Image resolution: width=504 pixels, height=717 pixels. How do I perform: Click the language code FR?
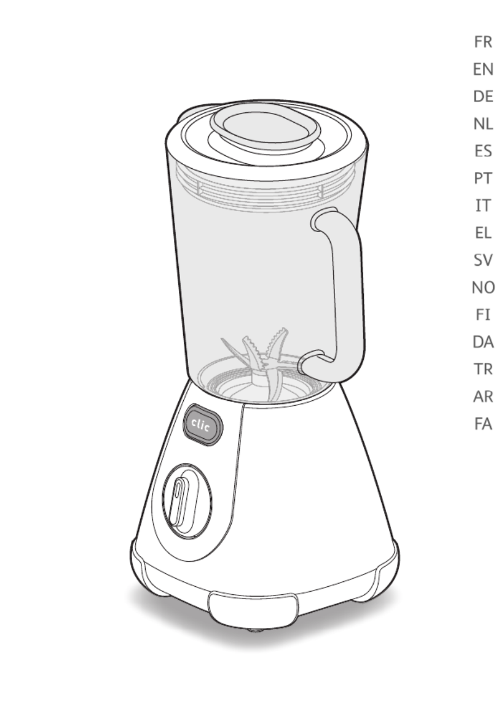pyautogui.click(x=483, y=42)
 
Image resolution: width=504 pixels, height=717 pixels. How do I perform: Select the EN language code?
pyautogui.click(x=483, y=69)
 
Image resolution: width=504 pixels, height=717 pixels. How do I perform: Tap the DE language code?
pyautogui.click(x=483, y=96)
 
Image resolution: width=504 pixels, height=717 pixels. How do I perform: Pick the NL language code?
pyautogui.click(x=483, y=123)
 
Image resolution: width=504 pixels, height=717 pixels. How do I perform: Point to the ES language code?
pyautogui.click(x=483, y=151)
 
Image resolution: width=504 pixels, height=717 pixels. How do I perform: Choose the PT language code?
pyautogui.click(x=483, y=178)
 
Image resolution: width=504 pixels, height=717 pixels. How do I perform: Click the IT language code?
pyautogui.click(x=483, y=205)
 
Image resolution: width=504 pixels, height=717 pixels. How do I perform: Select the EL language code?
pyautogui.click(x=483, y=233)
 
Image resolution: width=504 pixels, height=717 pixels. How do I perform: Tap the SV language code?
pyautogui.click(x=483, y=260)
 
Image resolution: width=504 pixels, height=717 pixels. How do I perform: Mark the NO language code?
pyautogui.click(x=483, y=287)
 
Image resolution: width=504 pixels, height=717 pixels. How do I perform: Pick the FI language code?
pyautogui.click(x=483, y=314)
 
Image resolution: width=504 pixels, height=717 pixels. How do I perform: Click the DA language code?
pyautogui.click(x=483, y=341)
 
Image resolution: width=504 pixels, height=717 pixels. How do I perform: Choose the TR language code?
pyautogui.click(x=483, y=369)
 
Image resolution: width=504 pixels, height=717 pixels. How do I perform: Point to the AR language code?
pyautogui.click(x=483, y=397)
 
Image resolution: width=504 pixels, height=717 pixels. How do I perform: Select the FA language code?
pyautogui.click(x=483, y=424)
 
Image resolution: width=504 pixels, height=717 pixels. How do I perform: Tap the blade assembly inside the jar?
pyautogui.click(x=263, y=361)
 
